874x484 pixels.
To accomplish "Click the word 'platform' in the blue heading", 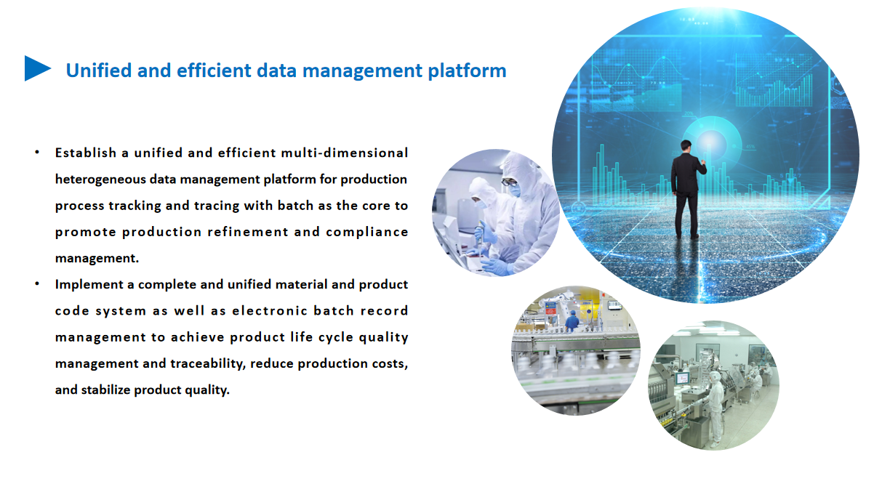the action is pos(467,71).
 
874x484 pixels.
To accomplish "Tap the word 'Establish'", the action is pos(86,153).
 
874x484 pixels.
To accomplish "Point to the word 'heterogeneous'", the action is pos(100,180).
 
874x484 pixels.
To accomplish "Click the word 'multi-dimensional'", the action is pos(345,153).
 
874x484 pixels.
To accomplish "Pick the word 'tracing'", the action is pos(217,206).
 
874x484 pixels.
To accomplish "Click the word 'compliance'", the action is pos(367,233).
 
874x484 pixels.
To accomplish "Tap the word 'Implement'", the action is pos(89,285).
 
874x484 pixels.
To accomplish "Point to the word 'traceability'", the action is pos(208,364).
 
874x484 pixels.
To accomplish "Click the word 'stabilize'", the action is pos(105,390).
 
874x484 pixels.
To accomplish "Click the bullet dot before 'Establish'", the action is pos(37,152).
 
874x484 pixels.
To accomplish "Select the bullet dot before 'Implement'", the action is pos(37,284).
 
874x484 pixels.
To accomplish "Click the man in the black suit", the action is pos(687,190).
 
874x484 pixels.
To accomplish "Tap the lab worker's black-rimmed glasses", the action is pos(509,182).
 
